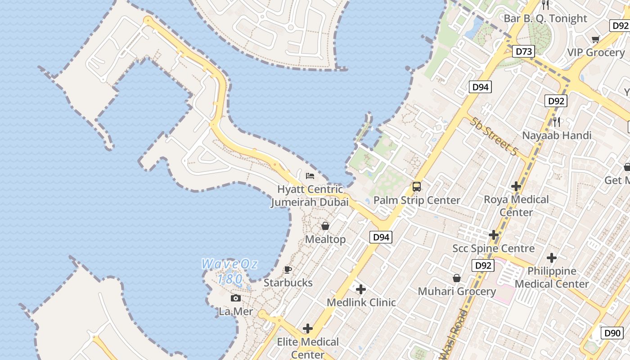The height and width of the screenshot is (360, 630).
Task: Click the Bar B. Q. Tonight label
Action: (x=545, y=18)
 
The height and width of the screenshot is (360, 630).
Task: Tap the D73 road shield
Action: (x=524, y=51)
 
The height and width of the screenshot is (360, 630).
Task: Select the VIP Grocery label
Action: (x=596, y=52)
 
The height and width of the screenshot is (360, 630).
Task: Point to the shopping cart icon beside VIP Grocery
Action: (x=596, y=39)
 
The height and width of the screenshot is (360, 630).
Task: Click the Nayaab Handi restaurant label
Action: (x=557, y=135)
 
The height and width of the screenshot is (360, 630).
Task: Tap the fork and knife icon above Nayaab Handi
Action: (x=557, y=121)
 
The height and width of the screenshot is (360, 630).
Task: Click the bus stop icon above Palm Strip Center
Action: (x=417, y=187)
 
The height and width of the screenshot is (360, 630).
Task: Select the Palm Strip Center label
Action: (x=417, y=200)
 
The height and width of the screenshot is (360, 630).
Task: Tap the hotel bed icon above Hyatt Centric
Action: (x=310, y=175)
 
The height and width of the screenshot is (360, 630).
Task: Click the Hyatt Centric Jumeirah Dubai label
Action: (x=310, y=196)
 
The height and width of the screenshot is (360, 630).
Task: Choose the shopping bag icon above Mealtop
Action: (x=325, y=226)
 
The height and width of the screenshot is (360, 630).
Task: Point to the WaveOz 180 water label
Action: (x=229, y=271)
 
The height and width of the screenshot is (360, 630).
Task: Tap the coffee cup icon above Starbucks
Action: (x=288, y=270)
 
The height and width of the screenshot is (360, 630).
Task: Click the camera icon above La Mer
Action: (x=235, y=298)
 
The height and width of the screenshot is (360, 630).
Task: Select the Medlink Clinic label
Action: (x=361, y=302)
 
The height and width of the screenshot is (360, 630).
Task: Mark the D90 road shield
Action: (x=612, y=333)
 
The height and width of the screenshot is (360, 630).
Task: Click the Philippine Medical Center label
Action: (x=552, y=277)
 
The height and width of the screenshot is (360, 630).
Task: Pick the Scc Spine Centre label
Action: (x=493, y=248)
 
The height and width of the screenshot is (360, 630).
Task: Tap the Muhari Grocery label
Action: (x=457, y=291)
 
